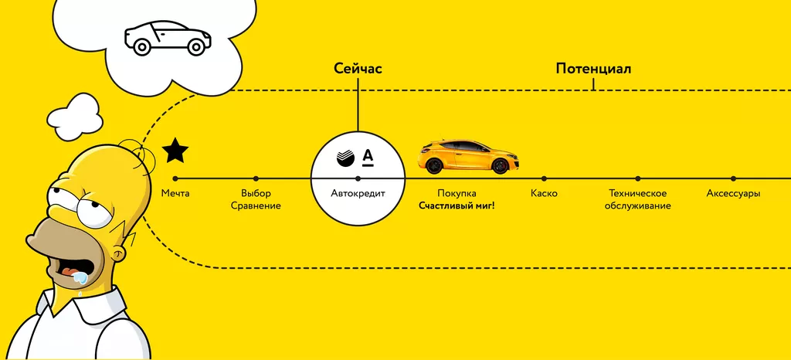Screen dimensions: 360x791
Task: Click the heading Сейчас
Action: (358, 69)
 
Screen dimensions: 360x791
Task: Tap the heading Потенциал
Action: (593, 69)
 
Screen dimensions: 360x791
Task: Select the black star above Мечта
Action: (175, 151)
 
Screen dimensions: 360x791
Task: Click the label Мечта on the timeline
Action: (175, 193)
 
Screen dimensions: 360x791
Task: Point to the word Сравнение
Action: (256, 206)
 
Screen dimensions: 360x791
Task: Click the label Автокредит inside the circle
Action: (358, 193)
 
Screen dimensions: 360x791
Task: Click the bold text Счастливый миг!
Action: (457, 206)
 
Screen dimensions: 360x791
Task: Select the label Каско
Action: (544, 193)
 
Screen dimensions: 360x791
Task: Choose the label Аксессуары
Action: (733, 193)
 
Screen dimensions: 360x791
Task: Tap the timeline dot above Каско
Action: (544, 178)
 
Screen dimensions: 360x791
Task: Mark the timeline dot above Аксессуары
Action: (733, 178)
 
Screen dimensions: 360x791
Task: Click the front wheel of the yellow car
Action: (501, 166)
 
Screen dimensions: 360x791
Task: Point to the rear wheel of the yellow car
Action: (435, 165)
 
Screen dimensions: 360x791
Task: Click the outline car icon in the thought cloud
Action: (168, 37)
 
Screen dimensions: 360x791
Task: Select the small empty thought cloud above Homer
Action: (75, 116)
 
